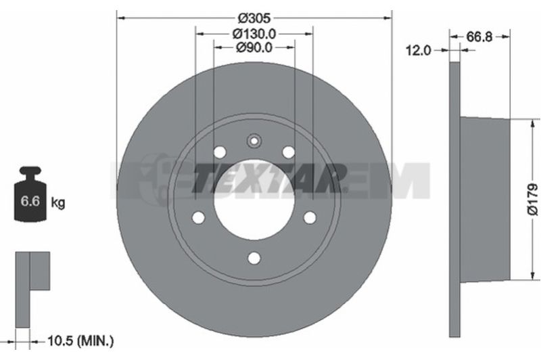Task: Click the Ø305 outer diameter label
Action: pos(255,18)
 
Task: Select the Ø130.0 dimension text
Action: pos(254,34)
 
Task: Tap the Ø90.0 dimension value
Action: pos(254,47)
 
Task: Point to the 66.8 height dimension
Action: pos(479,37)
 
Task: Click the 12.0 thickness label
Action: pos(418,50)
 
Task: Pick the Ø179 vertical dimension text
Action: pos(532,200)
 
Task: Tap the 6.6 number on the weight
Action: pos(30,200)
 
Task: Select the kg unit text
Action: pos(57,202)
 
